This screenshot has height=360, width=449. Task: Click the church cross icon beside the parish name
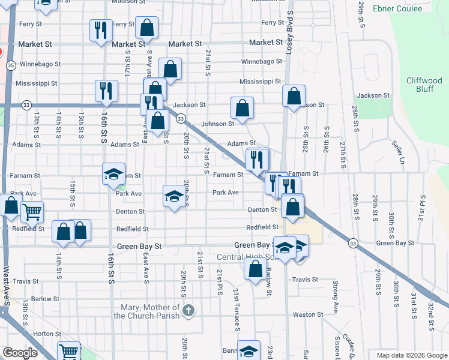(188, 310)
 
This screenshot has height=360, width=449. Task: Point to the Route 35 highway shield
(11, 65)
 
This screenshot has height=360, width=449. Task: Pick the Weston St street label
(308, 314)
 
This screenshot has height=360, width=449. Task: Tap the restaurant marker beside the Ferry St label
(100, 29)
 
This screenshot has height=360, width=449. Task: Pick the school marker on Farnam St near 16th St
(113, 173)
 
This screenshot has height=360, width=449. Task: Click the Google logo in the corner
(20, 353)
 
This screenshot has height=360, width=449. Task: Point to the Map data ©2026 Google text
(411, 355)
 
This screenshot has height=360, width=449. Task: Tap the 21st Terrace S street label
(237, 309)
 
